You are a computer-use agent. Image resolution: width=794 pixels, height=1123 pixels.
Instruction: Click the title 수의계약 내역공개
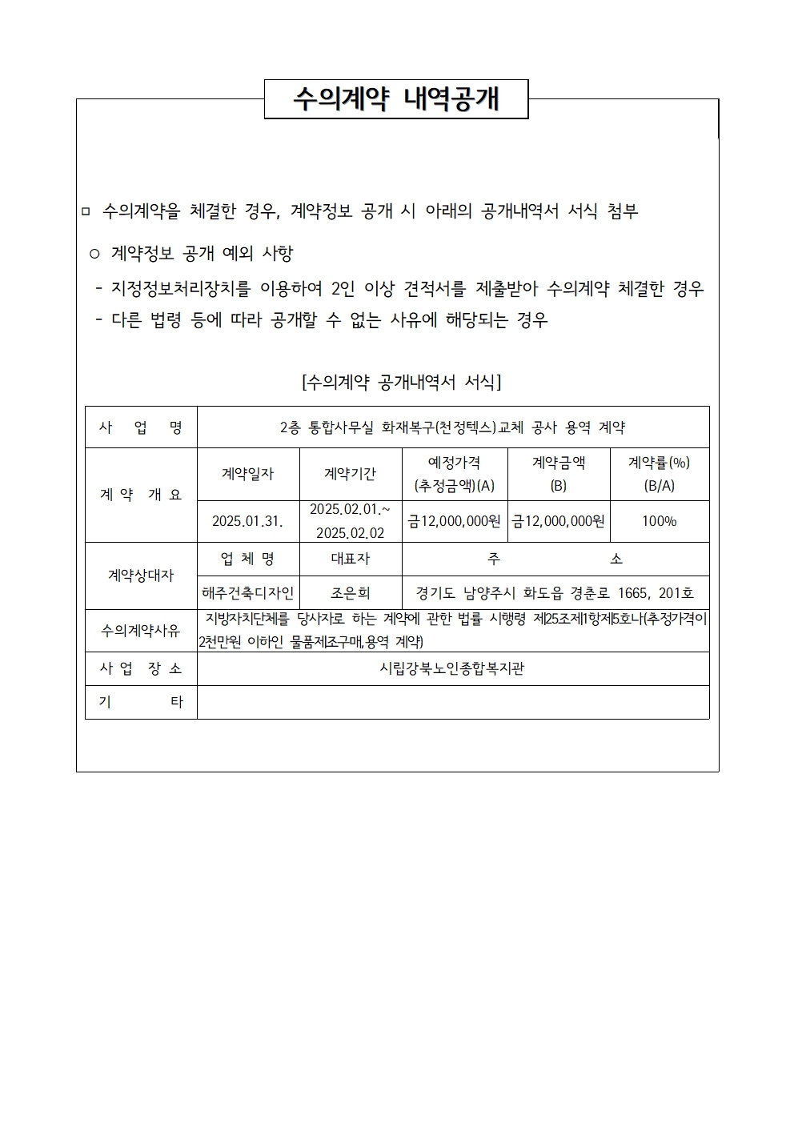[396, 99]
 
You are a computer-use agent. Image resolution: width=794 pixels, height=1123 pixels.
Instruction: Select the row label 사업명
[141, 427]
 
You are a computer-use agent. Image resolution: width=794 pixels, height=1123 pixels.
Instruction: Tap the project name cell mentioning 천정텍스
[452, 427]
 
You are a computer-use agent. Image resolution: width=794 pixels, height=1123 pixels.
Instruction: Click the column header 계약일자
[248, 474]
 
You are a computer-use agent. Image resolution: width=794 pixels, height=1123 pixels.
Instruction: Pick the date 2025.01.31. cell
[248, 521]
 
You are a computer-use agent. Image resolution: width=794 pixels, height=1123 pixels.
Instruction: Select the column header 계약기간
[351, 474]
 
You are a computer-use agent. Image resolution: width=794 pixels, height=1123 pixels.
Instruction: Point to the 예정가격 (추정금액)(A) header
[455, 474]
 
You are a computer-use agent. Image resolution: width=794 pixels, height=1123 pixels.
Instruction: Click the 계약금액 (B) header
[559, 474]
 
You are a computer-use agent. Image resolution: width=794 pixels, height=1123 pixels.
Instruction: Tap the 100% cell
[660, 521]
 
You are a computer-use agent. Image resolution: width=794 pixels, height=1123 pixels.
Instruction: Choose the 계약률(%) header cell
[660, 474]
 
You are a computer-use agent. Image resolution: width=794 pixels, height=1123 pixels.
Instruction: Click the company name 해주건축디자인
[248, 593]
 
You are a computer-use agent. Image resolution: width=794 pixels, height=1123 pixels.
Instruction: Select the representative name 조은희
[351, 593]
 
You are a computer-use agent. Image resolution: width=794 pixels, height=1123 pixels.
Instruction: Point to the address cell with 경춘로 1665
[555, 593]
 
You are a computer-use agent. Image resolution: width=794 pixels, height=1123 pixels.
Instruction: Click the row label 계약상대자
[141, 576]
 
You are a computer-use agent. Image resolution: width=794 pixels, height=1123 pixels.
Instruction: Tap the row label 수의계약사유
[141, 631]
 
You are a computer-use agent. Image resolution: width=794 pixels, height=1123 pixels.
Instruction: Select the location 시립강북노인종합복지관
[452, 668]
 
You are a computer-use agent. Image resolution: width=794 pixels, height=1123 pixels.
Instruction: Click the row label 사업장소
[141, 668]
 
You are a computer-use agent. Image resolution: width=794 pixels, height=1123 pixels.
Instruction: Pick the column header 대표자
[351, 559]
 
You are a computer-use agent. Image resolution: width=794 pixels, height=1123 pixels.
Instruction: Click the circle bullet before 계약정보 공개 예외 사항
[94, 255]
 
